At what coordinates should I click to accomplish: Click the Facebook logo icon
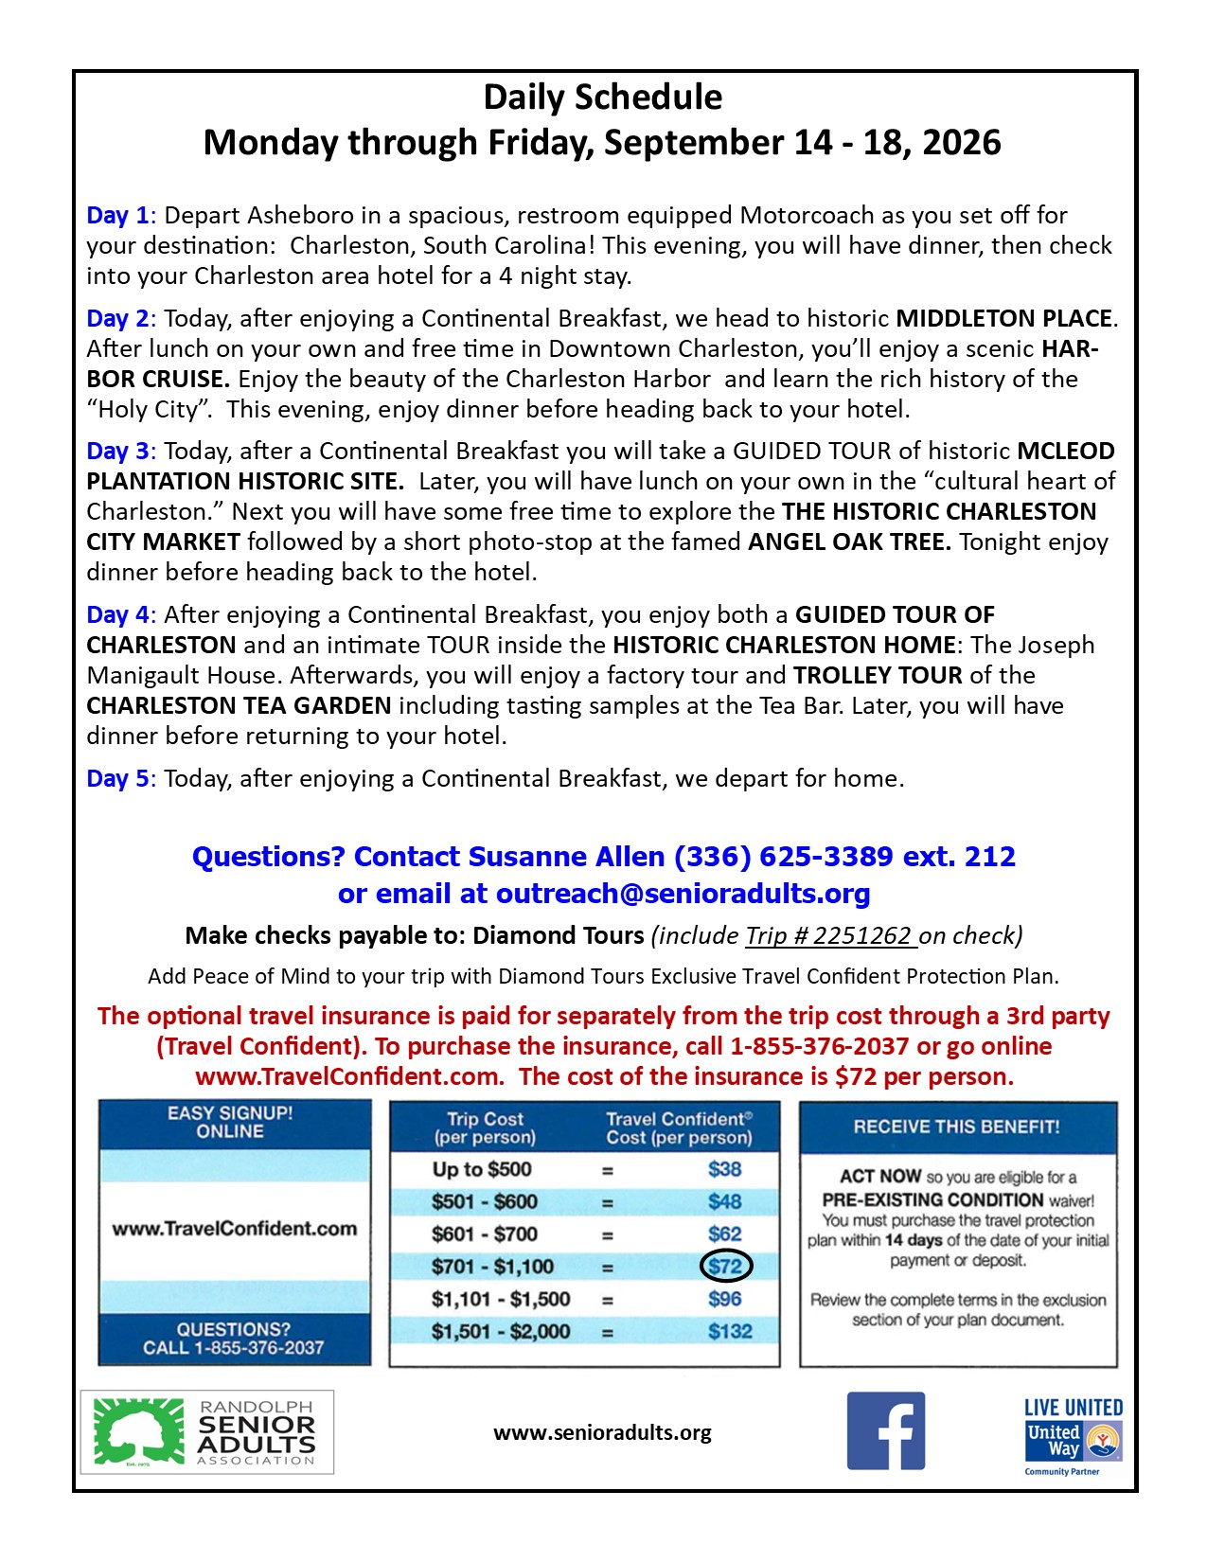(x=885, y=1430)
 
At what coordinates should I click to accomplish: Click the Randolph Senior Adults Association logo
(x=207, y=1431)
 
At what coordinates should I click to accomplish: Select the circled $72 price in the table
(x=725, y=1267)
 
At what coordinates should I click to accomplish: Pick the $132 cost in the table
(x=730, y=1331)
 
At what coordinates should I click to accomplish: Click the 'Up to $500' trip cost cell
(x=482, y=1169)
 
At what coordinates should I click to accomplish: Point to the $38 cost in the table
(x=725, y=1169)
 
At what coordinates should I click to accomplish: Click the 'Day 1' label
(x=117, y=216)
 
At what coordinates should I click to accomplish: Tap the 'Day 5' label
(x=117, y=779)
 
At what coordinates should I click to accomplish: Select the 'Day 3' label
(x=117, y=452)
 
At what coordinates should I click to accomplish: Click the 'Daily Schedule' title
(x=603, y=98)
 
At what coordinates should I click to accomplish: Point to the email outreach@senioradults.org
(x=683, y=894)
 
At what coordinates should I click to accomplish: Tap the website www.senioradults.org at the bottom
(x=602, y=1433)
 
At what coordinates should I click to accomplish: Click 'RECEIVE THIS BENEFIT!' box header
(x=957, y=1127)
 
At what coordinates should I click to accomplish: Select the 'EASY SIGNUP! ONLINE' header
(x=230, y=1123)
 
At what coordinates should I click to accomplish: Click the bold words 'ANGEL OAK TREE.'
(x=849, y=542)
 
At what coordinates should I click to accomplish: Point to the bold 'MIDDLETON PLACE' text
(x=1003, y=319)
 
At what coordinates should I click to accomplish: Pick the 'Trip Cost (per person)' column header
(x=485, y=1127)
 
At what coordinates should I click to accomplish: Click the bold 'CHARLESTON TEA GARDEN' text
(x=239, y=706)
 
